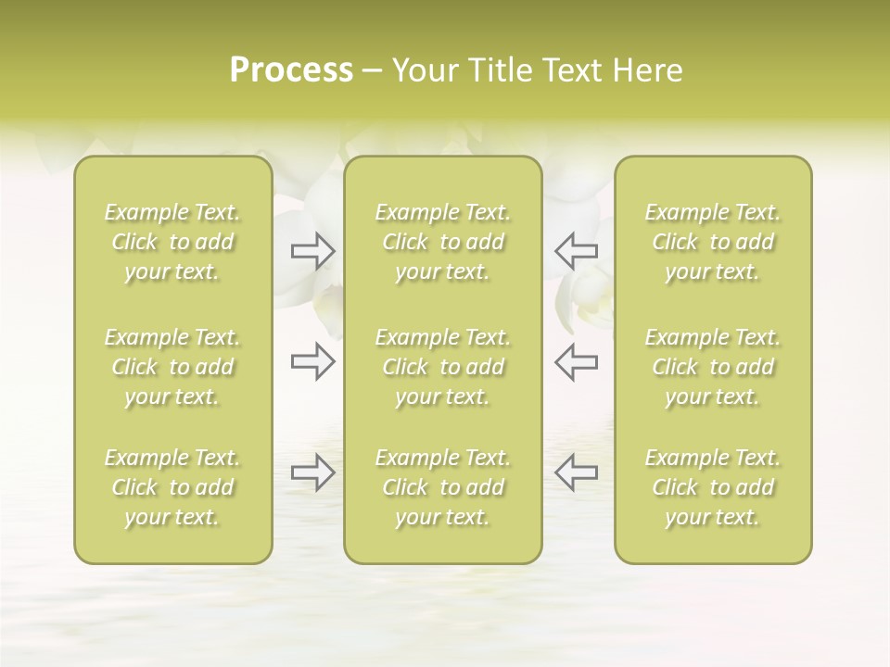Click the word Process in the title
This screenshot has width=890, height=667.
tap(291, 70)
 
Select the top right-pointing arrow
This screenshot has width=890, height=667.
tap(312, 250)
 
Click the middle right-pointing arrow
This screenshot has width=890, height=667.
tap(312, 361)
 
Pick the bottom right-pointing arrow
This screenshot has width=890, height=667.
tap(312, 472)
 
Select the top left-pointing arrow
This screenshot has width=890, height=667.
tap(576, 250)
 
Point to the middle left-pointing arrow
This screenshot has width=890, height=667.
tap(576, 361)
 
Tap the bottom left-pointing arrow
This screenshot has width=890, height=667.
tap(576, 472)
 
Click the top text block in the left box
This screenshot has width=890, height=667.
tap(172, 242)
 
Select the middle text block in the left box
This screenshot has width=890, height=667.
tap(172, 367)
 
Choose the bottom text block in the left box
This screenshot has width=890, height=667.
tap(172, 487)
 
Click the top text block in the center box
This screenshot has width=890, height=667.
tap(443, 242)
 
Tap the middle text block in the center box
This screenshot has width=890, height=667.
tap(443, 367)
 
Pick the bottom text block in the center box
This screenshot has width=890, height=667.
tap(443, 487)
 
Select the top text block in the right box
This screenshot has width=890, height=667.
tap(713, 242)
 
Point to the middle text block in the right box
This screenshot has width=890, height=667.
tap(713, 367)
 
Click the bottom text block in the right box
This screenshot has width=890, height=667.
tap(713, 487)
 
